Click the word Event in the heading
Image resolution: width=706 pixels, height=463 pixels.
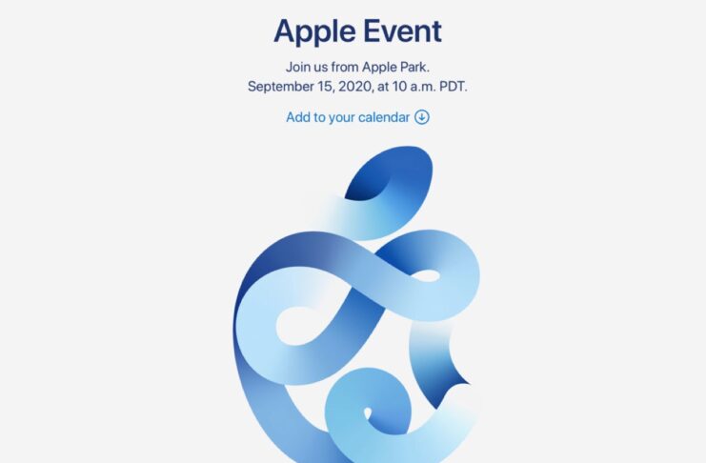click(400, 30)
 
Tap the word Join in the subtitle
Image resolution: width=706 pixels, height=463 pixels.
click(298, 67)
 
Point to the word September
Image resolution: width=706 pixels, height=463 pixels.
click(283, 87)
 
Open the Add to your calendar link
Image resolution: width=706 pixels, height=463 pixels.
click(348, 117)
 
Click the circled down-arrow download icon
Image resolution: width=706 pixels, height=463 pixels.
click(422, 117)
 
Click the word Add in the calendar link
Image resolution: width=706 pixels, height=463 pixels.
click(298, 117)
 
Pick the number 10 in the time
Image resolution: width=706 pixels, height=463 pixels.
click(407, 87)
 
